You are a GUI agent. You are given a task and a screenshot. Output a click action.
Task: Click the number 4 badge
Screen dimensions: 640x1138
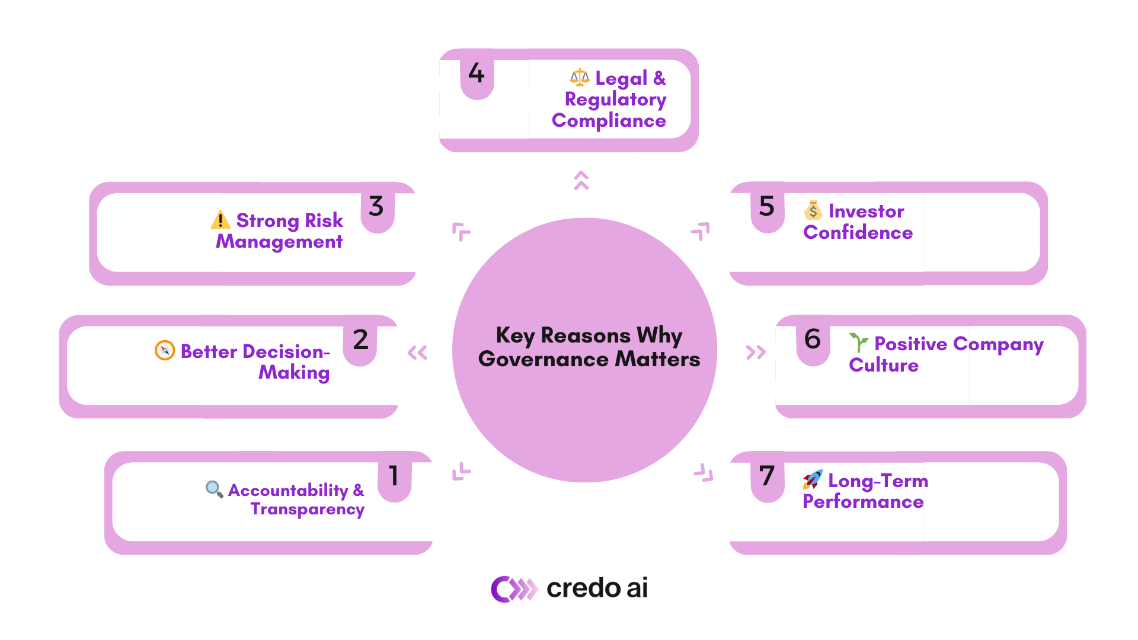[477, 73]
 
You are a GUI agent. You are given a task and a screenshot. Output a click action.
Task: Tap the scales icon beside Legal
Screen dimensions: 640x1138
[579, 78]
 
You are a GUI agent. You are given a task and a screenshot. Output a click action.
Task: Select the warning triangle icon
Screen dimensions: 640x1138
[220, 220]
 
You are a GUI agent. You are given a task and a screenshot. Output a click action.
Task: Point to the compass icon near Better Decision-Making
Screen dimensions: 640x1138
[165, 350]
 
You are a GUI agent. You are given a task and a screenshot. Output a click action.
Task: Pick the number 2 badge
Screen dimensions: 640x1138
[360, 340]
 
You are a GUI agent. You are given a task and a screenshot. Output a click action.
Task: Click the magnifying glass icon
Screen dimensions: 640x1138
[214, 489]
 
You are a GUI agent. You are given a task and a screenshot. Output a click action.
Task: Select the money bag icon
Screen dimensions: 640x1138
[813, 210]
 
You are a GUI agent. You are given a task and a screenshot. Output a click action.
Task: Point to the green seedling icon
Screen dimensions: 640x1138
[858, 343]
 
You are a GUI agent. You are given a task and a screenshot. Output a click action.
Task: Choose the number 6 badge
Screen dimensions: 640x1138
[813, 340]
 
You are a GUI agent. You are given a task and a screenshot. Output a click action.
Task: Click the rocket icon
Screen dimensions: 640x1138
[813, 479]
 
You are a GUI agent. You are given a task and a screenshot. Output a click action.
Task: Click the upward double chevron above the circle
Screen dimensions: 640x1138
[581, 180]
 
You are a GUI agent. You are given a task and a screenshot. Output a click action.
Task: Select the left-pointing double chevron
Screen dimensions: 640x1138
[417, 353]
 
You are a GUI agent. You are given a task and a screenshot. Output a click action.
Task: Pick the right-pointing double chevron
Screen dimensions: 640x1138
[756, 353]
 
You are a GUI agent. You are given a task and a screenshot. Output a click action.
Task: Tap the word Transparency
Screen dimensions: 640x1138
[307, 509]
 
